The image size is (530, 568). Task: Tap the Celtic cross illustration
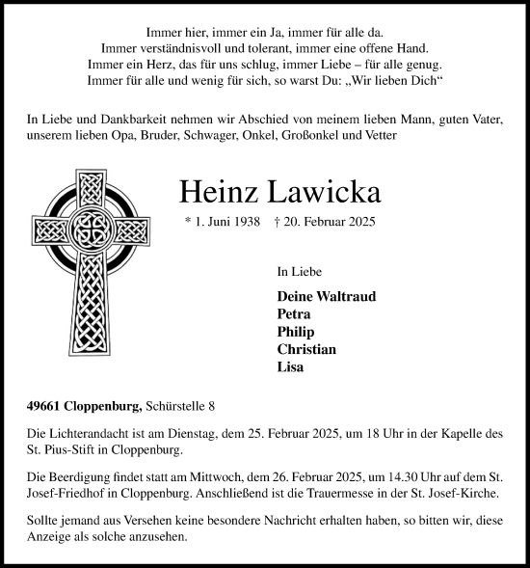(93, 253)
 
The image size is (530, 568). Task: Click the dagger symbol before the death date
(278, 222)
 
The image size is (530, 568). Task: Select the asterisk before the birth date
(188, 223)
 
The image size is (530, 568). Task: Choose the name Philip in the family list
(295, 332)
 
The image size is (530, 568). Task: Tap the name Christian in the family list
(306, 349)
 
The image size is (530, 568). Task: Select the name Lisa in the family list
(290, 366)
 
